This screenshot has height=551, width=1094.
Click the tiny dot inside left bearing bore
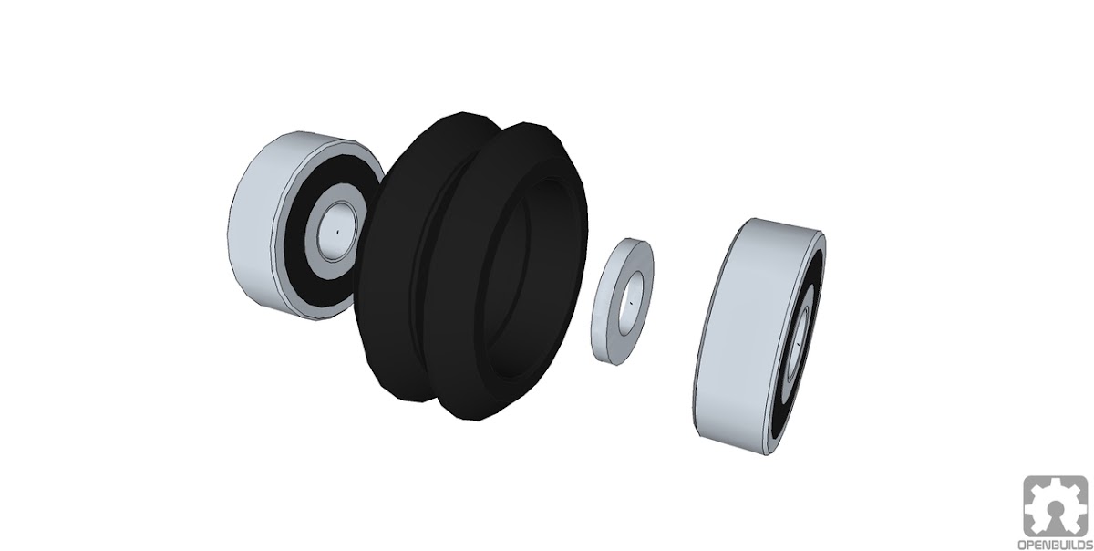(x=336, y=233)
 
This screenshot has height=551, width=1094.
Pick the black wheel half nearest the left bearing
(x=391, y=264)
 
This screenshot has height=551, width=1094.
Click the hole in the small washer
(x=632, y=303)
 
